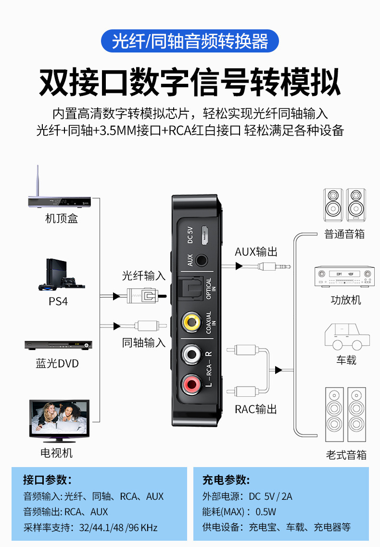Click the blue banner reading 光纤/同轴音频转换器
[190, 41]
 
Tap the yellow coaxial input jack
[191, 322]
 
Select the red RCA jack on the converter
[191, 384]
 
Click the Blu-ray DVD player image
[58, 345]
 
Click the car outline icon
[347, 337]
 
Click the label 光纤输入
[143, 276]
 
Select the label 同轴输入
[143, 342]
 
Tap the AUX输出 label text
[256, 252]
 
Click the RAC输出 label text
[256, 409]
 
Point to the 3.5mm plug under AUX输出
[274, 266]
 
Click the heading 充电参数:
[226, 480]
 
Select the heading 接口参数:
[47, 480]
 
